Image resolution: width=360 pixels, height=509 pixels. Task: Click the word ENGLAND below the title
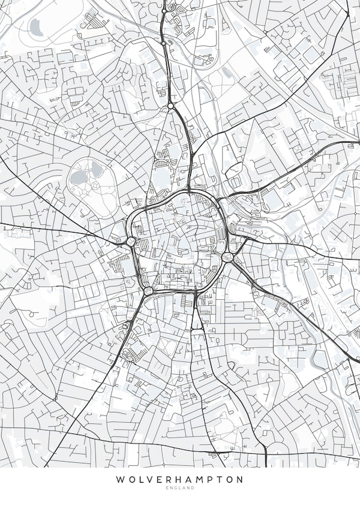[x=180, y=489]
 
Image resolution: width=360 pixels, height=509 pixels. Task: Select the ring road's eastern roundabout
[x=228, y=257]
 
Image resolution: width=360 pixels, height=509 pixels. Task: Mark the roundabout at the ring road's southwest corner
[x=148, y=291]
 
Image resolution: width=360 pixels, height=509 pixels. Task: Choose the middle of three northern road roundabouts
[x=164, y=43]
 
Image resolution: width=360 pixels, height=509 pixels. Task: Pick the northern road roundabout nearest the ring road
[x=171, y=106]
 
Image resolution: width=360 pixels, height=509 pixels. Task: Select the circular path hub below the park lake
[x=95, y=186]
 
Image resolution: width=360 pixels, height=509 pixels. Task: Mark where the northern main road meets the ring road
[x=190, y=191]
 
